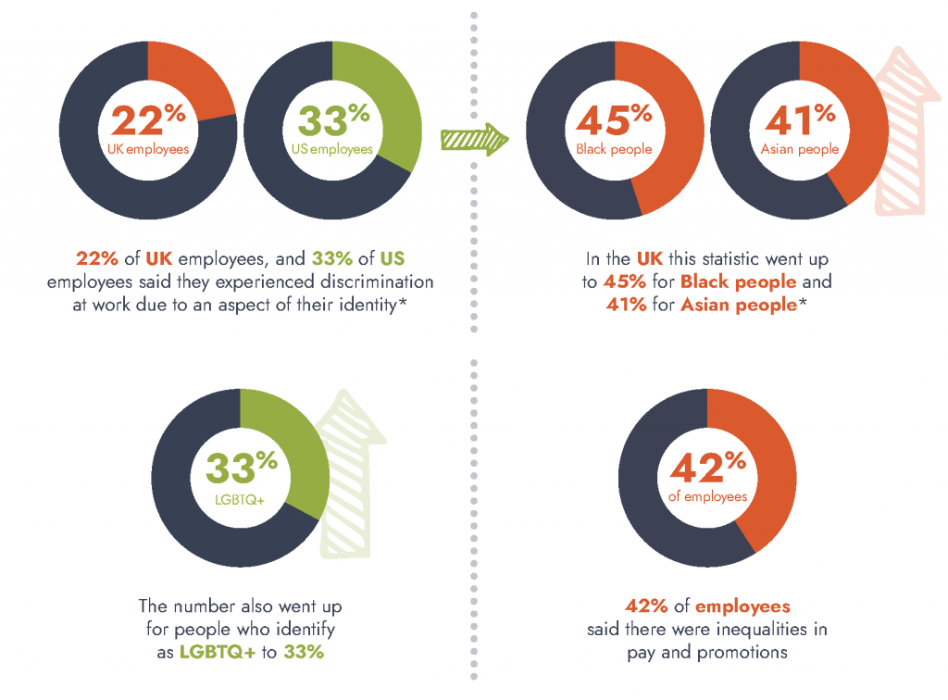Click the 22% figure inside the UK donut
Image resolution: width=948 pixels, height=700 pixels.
(x=148, y=121)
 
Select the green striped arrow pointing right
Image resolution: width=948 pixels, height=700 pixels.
(x=475, y=140)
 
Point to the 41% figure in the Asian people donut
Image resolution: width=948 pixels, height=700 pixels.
(x=799, y=121)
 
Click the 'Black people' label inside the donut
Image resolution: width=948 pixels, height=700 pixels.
(x=614, y=149)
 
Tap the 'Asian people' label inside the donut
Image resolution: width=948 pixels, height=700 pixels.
(x=799, y=149)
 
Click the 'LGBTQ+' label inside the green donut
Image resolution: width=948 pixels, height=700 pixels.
(x=241, y=499)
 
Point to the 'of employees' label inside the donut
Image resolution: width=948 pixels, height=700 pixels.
(x=707, y=497)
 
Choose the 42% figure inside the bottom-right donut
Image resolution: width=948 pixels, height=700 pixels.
(x=707, y=469)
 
